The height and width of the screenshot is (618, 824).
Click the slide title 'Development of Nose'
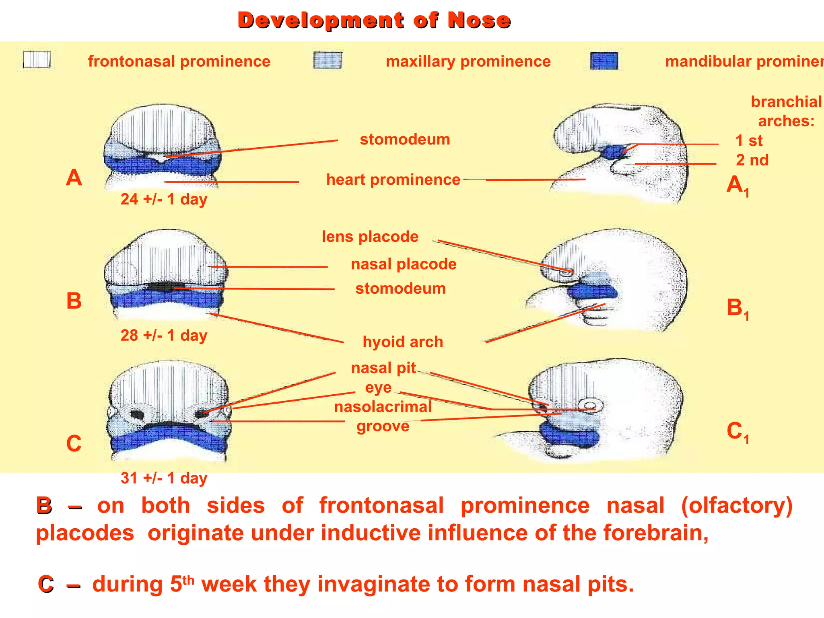[374, 20]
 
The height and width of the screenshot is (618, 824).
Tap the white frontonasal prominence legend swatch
[37, 60]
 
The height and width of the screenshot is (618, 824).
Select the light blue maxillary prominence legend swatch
[328, 60]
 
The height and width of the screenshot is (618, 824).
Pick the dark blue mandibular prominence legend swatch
[604, 61]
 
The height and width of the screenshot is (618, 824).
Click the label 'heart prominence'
[393, 179]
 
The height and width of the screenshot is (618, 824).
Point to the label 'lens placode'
[370, 237]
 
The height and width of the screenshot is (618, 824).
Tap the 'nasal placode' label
[404, 264]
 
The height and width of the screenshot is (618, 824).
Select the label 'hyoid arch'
[403, 342]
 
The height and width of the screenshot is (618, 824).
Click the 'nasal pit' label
[383, 368]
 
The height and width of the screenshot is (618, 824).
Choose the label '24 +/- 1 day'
[164, 199]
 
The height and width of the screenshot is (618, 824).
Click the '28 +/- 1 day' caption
[164, 335]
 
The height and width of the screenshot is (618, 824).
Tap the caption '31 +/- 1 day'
[164, 478]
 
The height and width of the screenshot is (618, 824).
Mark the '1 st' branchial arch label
[749, 141]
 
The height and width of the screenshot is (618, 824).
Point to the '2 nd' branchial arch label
[752, 160]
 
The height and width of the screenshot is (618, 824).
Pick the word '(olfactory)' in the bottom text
[737, 505]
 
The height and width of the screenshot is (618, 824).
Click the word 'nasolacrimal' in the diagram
[383, 407]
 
